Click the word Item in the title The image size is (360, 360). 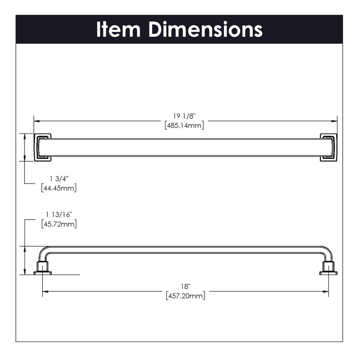(x=118, y=29)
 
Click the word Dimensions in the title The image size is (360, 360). (x=206, y=29)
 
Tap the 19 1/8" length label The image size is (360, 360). (x=184, y=116)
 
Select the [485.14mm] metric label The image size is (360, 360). (x=184, y=126)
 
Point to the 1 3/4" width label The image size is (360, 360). (x=59, y=179)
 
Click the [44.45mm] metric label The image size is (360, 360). (x=59, y=188)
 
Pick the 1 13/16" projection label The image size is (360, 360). (x=59, y=215)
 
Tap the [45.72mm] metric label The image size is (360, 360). (x=59, y=224)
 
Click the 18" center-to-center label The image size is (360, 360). (x=185, y=287)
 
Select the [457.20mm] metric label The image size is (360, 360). (x=185, y=296)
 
